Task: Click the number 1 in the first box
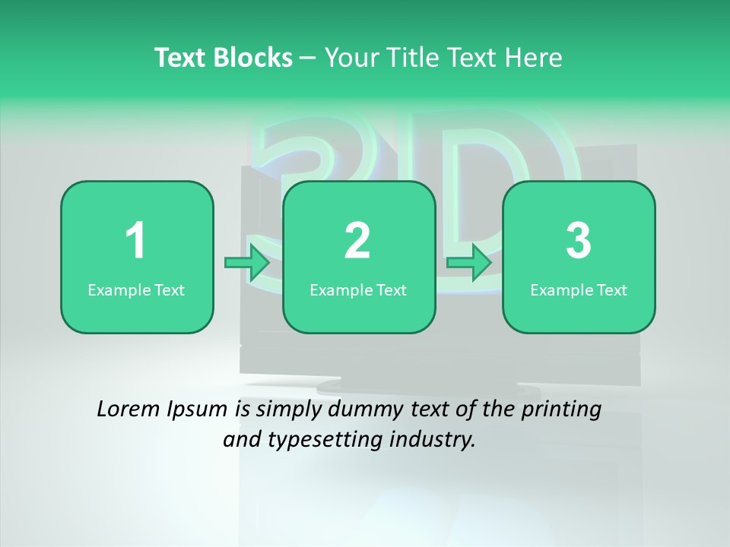pyautogui.click(x=135, y=242)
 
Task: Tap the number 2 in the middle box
pyautogui.click(x=357, y=242)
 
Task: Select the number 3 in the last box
pyautogui.click(x=579, y=242)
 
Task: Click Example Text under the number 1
pyautogui.click(x=136, y=290)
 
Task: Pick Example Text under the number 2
pyautogui.click(x=358, y=290)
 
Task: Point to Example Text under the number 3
pyautogui.click(x=579, y=290)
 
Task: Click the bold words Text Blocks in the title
pyautogui.click(x=224, y=58)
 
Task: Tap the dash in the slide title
pyautogui.click(x=308, y=58)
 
